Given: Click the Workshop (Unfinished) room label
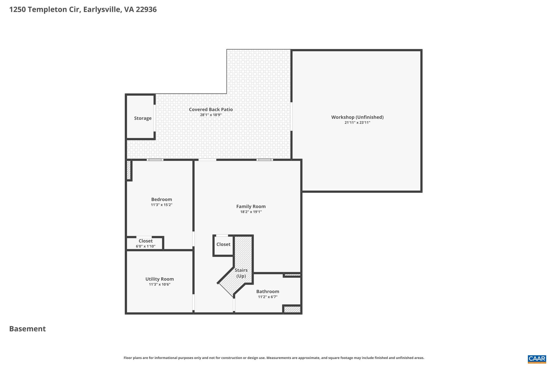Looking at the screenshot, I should coord(357,117).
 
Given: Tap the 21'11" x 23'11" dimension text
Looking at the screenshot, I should coord(357,123).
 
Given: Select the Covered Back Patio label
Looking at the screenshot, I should coord(211,109).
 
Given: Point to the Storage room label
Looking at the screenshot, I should coord(143,118).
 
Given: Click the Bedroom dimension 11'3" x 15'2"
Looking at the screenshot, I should coord(161,205).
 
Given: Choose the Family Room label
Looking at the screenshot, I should coord(251,206).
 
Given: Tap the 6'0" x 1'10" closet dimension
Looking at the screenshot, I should coord(145,246).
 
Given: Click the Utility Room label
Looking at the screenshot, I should coord(159,279).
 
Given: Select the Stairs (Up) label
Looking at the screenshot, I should coord(241,273).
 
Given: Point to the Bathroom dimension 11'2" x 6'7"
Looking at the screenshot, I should coord(268,297).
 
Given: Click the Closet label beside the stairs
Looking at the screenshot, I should coord(223,244).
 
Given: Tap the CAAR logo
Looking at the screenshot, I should coord(537,359).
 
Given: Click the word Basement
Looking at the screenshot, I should coord(28,329).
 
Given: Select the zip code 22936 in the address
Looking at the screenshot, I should coord(146,10).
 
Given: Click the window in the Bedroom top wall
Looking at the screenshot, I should coord(155,160).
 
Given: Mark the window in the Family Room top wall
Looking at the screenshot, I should coord(265,160).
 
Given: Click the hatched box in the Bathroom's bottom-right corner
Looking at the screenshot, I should coord(292,309).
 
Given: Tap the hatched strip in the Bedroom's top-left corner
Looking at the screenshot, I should coord(128,170).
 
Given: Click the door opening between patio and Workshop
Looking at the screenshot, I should coord(291,116).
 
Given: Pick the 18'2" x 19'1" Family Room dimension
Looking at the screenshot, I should coord(251,212).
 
